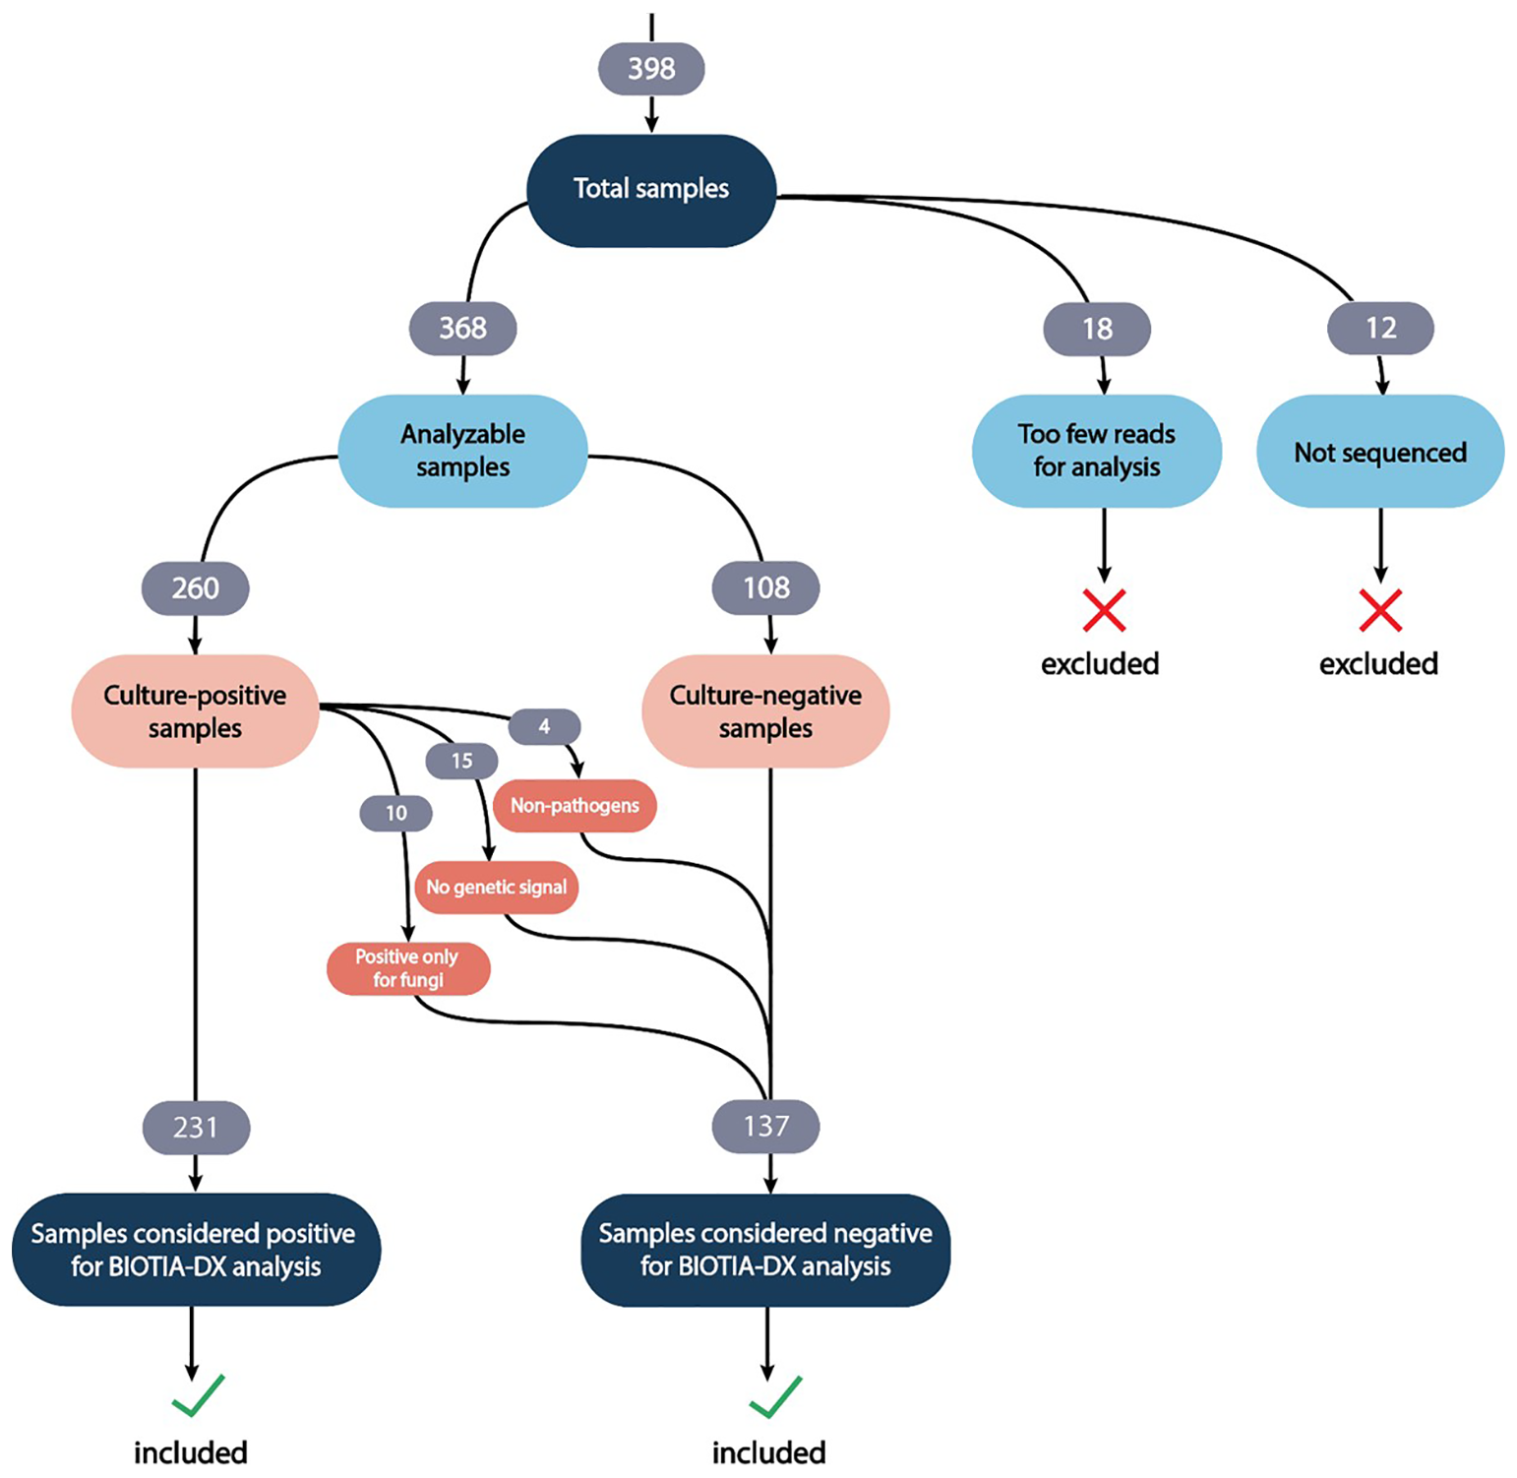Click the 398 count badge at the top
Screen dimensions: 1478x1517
pyautogui.click(x=651, y=69)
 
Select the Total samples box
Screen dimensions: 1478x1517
pyautogui.click(x=651, y=190)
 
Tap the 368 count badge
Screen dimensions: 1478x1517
pyautogui.click(x=462, y=328)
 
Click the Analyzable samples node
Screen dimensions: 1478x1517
pyautogui.click(x=462, y=451)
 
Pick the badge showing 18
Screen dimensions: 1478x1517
pyautogui.click(x=1097, y=329)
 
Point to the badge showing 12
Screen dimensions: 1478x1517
pyautogui.click(x=1380, y=329)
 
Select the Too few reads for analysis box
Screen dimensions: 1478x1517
pyautogui.click(x=1097, y=451)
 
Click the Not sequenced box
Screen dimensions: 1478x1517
pyautogui.click(x=1380, y=452)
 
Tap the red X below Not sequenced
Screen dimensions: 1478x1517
pyautogui.click(x=1380, y=611)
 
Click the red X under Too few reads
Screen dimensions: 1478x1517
pyautogui.click(x=1104, y=611)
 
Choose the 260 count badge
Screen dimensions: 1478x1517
pyautogui.click(x=195, y=588)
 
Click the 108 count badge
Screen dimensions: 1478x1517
pyautogui.click(x=765, y=588)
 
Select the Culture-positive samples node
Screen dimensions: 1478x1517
pyautogui.click(x=195, y=711)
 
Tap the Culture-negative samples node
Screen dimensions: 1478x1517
pyautogui.click(x=765, y=711)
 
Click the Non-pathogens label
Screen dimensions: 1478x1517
pyautogui.click(x=575, y=806)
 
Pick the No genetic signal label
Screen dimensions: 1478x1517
pyautogui.click(x=496, y=888)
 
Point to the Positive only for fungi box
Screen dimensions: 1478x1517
pyautogui.click(x=407, y=968)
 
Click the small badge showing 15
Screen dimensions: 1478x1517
pyautogui.click(x=461, y=761)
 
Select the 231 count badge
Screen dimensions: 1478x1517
pyautogui.click(x=196, y=1127)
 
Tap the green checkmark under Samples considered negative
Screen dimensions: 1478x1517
pyautogui.click(x=775, y=1396)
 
